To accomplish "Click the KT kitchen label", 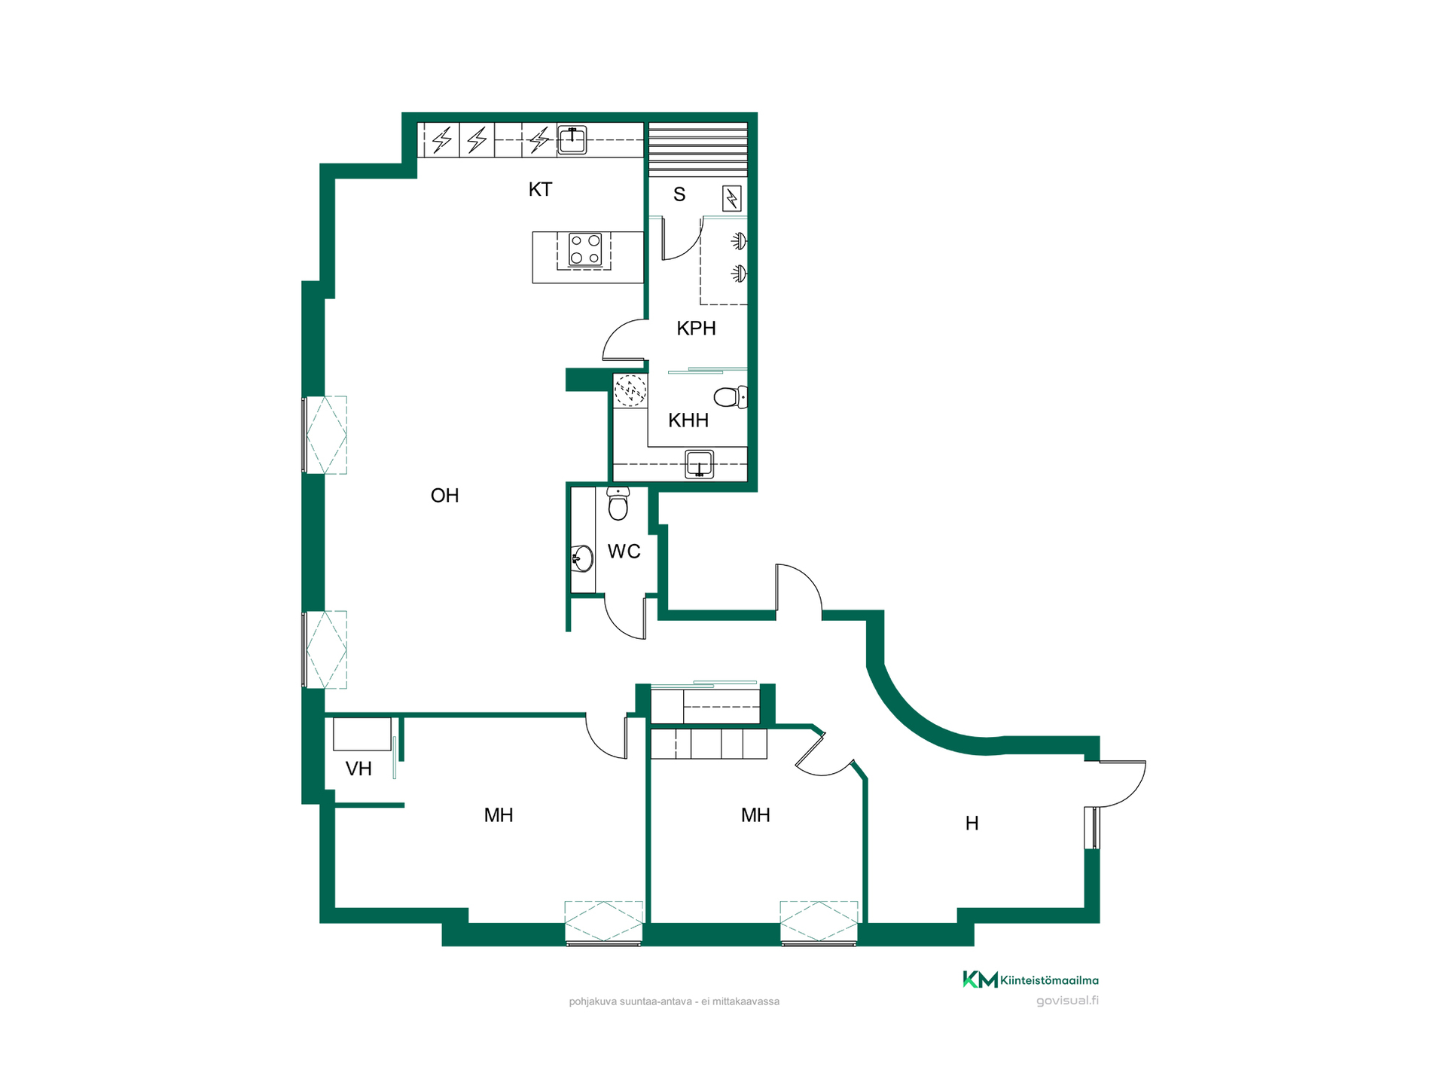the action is point(540,189).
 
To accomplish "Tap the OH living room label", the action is point(444,495).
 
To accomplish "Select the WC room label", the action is point(624,552).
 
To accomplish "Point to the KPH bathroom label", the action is point(696,329).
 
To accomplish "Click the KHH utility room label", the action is point(688,420).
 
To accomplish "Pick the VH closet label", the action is point(358,769).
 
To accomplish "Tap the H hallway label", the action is point(972,824).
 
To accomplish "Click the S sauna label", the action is point(679,194).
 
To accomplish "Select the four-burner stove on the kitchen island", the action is point(585,250).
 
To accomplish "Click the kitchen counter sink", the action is point(572,140).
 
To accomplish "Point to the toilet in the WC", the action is point(618,503).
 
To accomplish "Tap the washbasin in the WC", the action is point(582,558).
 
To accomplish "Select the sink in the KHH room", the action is point(700,464).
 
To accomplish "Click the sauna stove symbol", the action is point(732,198).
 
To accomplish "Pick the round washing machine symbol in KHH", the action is point(630,391).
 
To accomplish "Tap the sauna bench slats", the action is point(698,149).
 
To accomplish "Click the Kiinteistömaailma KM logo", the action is point(1030,980).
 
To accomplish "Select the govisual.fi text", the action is point(1067,1001).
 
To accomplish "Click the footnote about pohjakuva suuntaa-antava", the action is point(674,1001).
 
